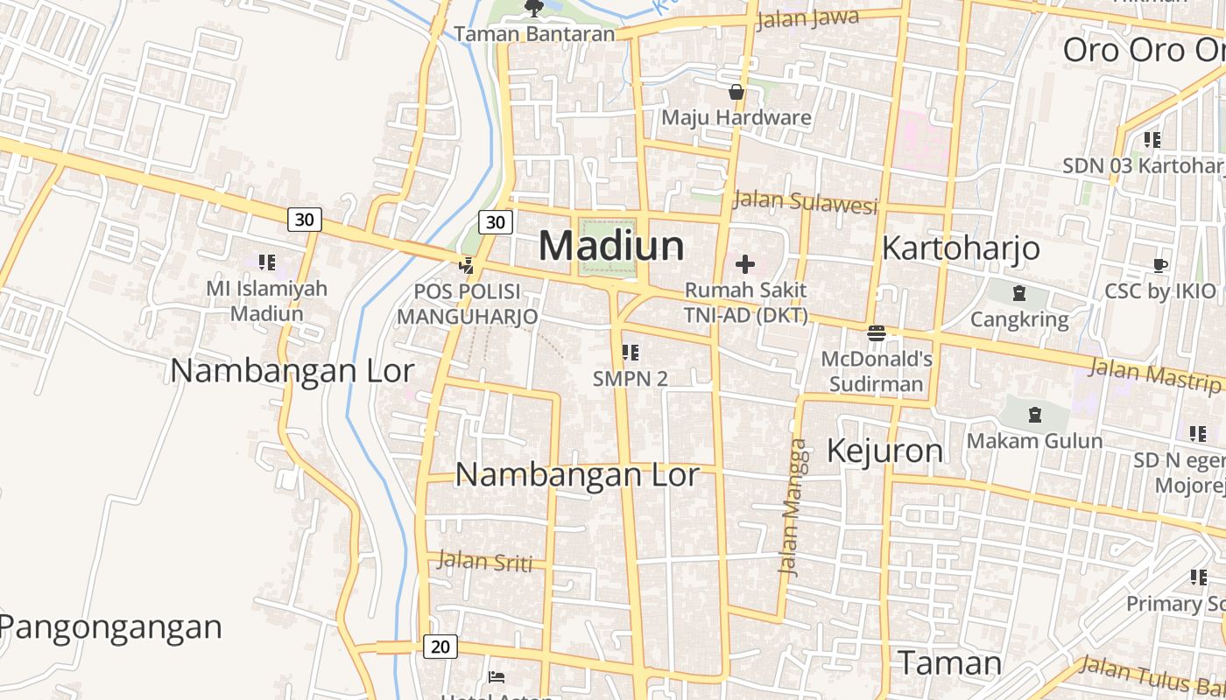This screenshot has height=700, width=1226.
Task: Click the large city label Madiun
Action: (x=611, y=245)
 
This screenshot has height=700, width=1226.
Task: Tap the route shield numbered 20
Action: (x=440, y=647)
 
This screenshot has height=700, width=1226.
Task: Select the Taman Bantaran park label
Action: (x=534, y=34)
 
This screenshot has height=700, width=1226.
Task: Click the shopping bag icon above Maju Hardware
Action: (x=736, y=92)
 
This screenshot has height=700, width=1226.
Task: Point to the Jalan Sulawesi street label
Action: (x=805, y=201)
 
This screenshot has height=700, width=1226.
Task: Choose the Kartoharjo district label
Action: (x=961, y=248)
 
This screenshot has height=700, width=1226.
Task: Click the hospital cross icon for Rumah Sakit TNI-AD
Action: (x=745, y=264)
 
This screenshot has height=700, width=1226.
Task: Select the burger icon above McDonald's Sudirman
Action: (x=876, y=332)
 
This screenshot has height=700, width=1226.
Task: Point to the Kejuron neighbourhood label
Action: (x=885, y=451)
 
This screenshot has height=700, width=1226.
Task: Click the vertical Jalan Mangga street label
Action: (x=793, y=507)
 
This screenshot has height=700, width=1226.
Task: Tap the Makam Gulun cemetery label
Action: (x=1034, y=440)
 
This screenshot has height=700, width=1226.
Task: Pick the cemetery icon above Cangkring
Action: (x=1018, y=293)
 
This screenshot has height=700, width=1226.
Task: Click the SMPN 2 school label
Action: (x=630, y=378)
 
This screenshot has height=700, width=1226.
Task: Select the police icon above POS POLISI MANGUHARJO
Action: (x=467, y=265)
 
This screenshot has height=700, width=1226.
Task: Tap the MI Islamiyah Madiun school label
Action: (x=266, y=300)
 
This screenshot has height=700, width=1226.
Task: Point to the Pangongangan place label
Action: (x=110, y=626)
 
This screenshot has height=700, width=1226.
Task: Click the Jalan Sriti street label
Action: (x=484, y=561)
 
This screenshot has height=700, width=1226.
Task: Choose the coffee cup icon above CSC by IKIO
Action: (x=1160, y=265)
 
